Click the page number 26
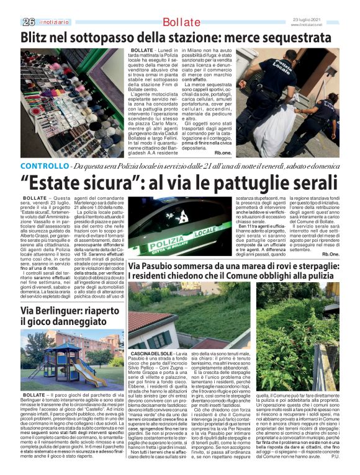click(29, 22)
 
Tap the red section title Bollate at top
click(179, 23)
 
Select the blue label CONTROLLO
click(43, 167)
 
